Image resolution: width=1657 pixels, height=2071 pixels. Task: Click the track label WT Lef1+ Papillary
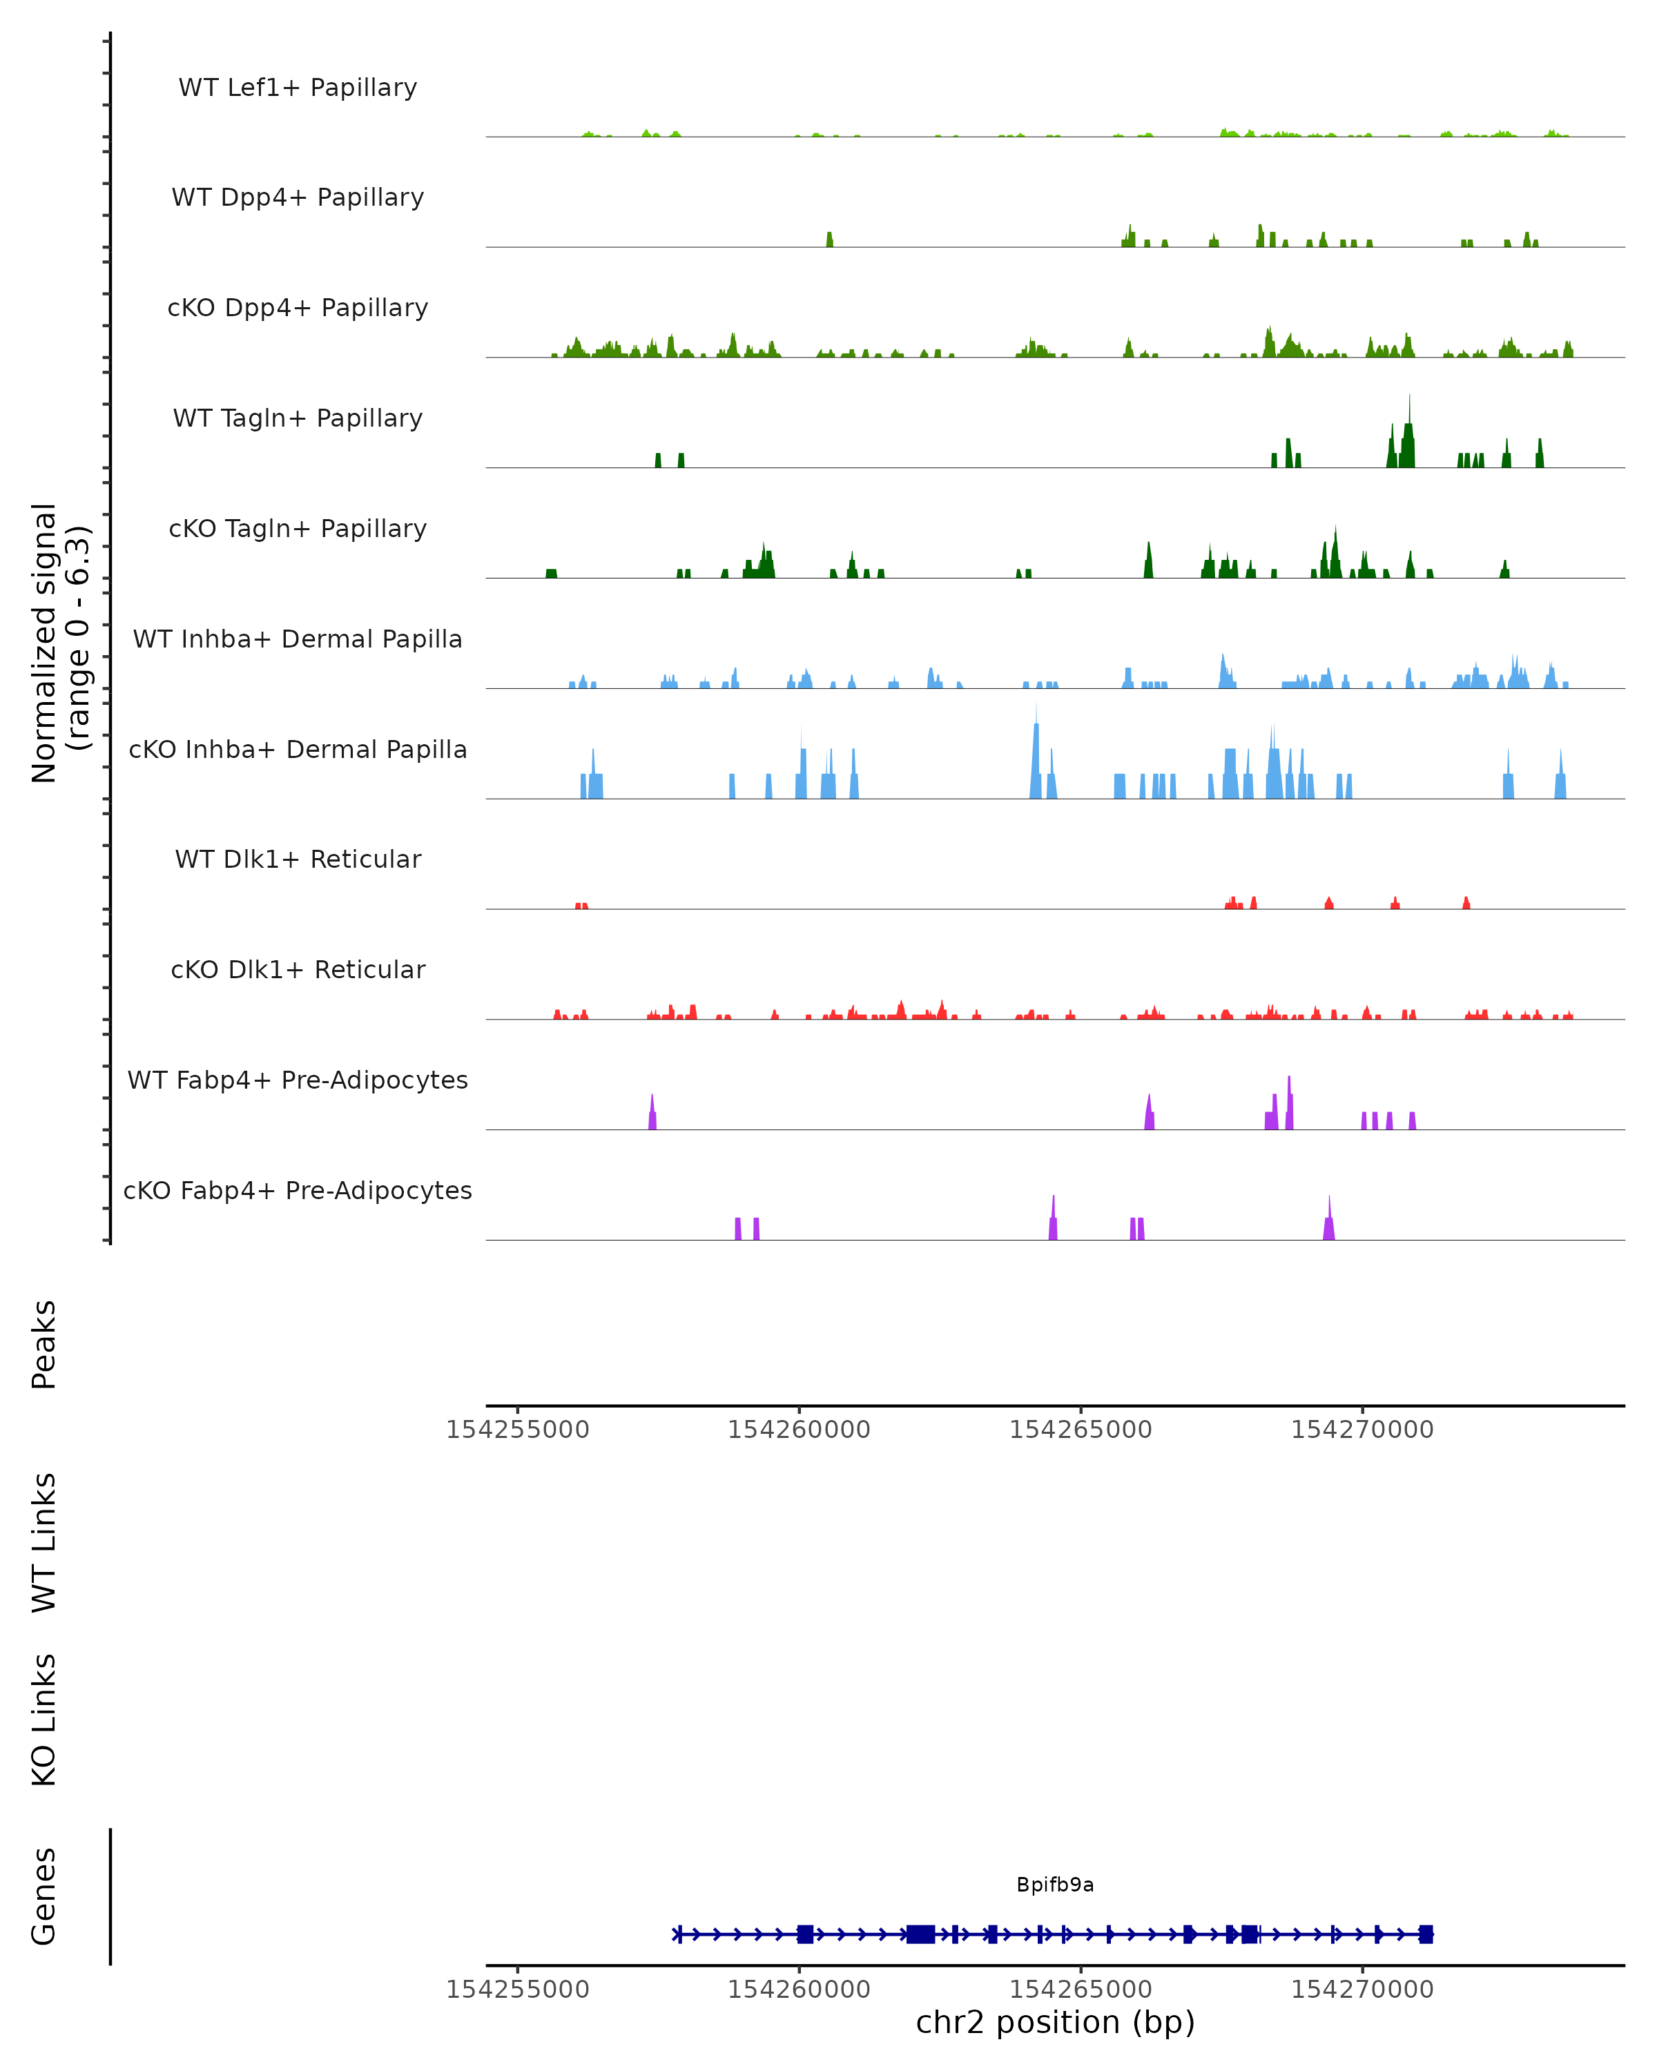[x=298, y=88]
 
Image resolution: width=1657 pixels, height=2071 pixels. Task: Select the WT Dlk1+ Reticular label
[x=298, y=859]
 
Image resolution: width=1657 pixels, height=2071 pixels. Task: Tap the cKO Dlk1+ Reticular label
[x=298, y=969]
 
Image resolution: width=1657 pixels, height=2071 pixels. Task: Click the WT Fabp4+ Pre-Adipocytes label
[x=298, y=1080]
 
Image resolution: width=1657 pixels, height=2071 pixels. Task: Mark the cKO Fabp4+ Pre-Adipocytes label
[x=298, y=1190]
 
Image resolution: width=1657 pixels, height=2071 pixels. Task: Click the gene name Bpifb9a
[x=1055, y=1885]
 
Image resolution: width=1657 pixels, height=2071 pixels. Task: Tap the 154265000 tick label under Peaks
[x=1081, y=1430]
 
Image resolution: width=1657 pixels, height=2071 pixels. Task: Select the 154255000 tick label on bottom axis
[x=518, y=1990]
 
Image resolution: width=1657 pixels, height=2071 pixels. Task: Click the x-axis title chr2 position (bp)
[x=1055, y=2022]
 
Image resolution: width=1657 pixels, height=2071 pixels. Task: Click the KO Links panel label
[x=44, y=1720]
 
